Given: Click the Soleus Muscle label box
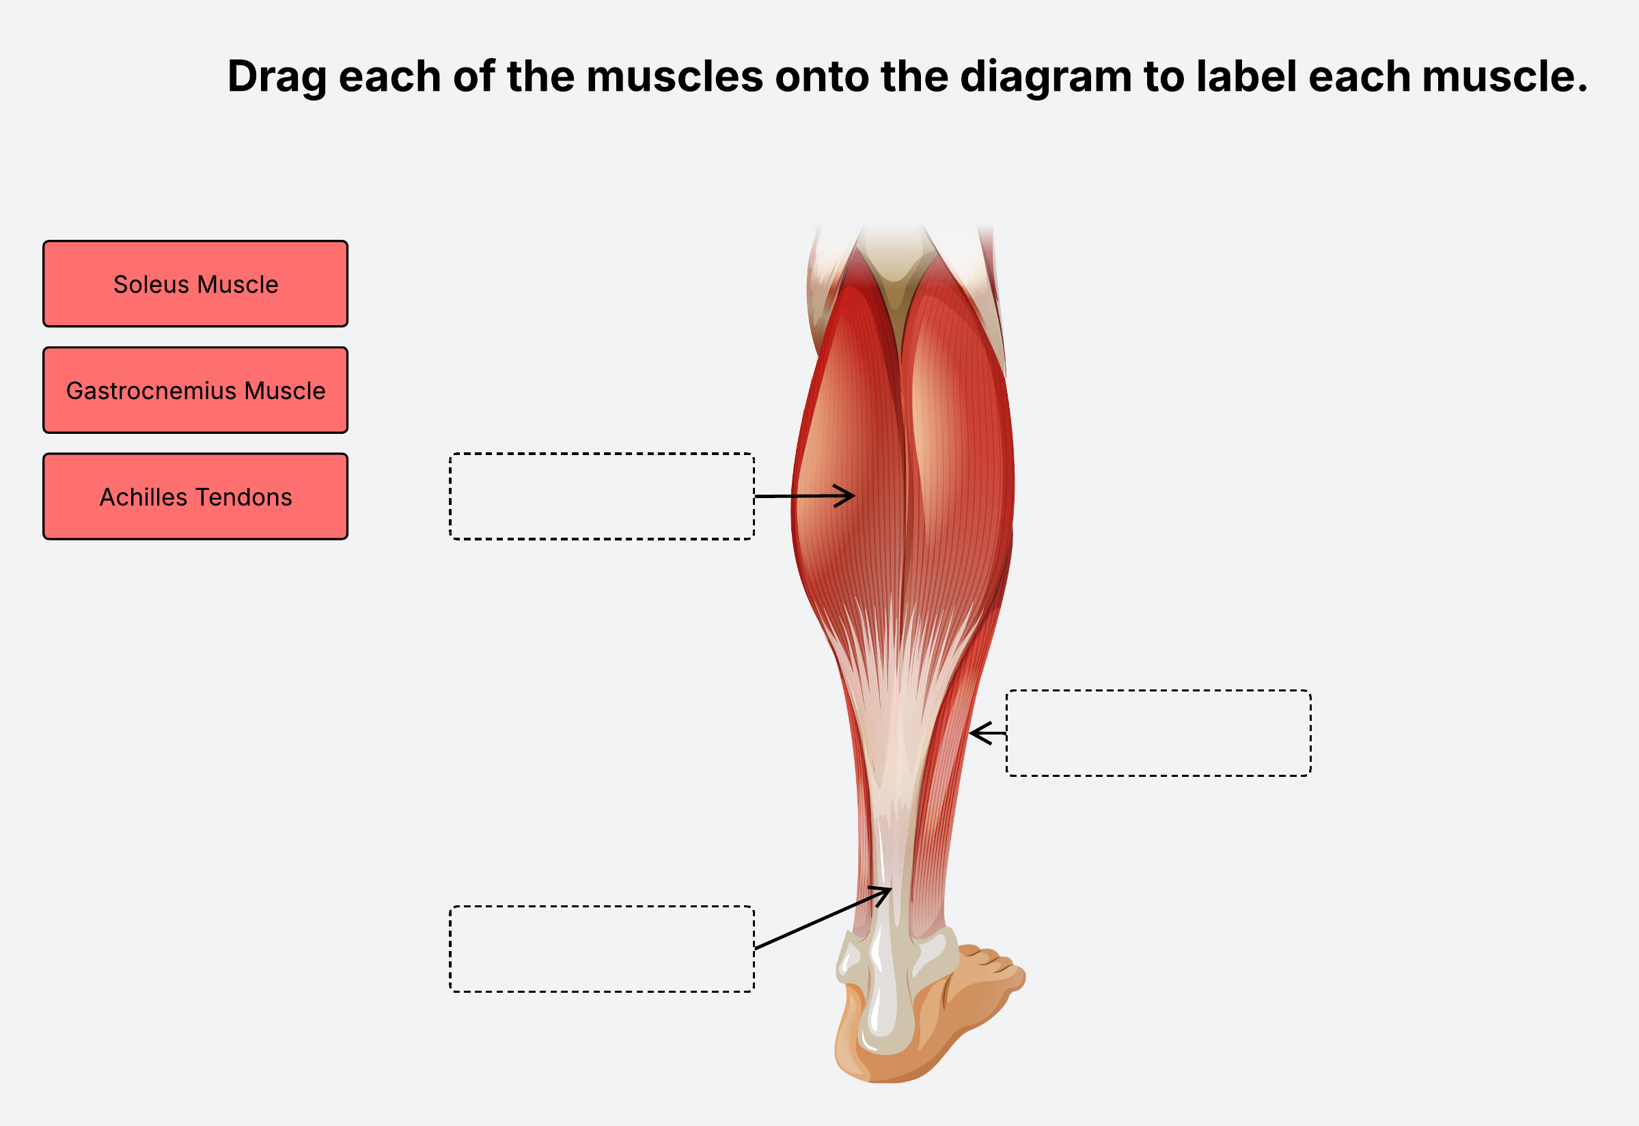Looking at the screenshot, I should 195,284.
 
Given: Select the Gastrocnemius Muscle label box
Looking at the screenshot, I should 195,390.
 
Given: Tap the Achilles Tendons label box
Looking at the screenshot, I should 195,497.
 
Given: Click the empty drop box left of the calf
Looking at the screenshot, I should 602,497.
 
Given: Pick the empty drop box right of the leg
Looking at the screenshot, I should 1158,733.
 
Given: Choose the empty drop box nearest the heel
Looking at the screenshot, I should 602,949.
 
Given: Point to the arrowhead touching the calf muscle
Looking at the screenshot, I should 851,496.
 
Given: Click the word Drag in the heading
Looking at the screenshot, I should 277,77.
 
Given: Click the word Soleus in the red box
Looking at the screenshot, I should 152,284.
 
